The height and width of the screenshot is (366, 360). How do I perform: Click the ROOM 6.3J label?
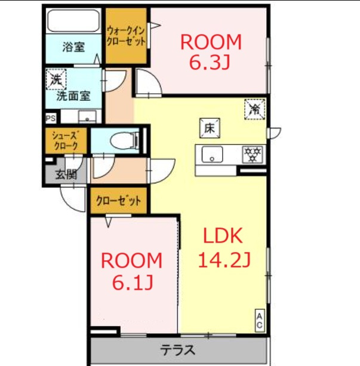[x=210, y=52]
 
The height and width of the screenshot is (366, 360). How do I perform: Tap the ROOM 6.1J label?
[x=131, y=271]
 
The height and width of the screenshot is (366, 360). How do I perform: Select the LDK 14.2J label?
[x=223, y=247]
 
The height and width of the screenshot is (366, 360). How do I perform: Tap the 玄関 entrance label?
[x=66, y=174]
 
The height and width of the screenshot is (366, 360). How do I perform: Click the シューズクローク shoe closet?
[x=66, y=140]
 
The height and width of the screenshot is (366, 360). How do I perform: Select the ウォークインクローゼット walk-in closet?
[x=126, y=35]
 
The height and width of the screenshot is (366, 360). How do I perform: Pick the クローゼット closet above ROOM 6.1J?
[x=119, y=201]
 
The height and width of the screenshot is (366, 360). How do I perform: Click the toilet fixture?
[x=124, y=141]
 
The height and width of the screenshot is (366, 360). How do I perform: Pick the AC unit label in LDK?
[x=260, y=320]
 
